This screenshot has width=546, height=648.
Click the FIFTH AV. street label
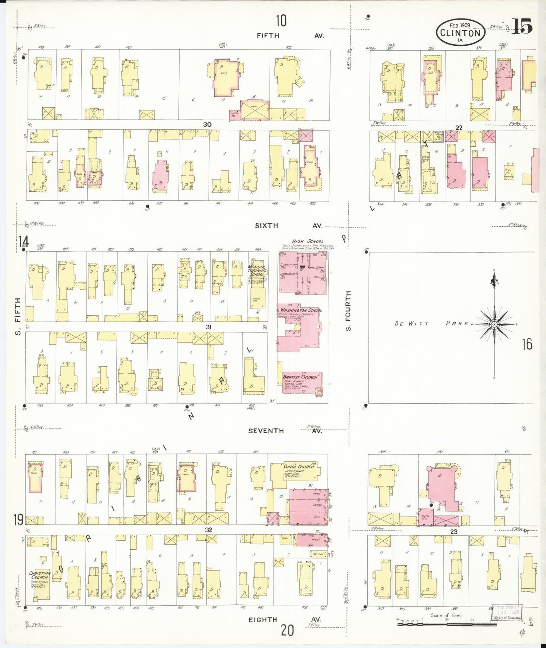point(289,36)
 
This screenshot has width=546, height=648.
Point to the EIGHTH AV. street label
point(284,619)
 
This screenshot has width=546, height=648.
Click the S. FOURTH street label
point(348,311)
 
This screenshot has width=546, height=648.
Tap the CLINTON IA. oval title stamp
point(460,32)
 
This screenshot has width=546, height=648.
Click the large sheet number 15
point(522,26)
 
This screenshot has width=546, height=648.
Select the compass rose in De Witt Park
point(494,324)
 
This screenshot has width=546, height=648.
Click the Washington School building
point(299,327)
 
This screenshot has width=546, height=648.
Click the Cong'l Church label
point(299,467)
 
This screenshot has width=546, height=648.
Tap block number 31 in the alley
point(208,327)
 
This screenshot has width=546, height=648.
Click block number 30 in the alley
point(207,124)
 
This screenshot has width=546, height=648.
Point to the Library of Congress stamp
point(506,612)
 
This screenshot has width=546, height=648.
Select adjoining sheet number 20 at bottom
point(287,630)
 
